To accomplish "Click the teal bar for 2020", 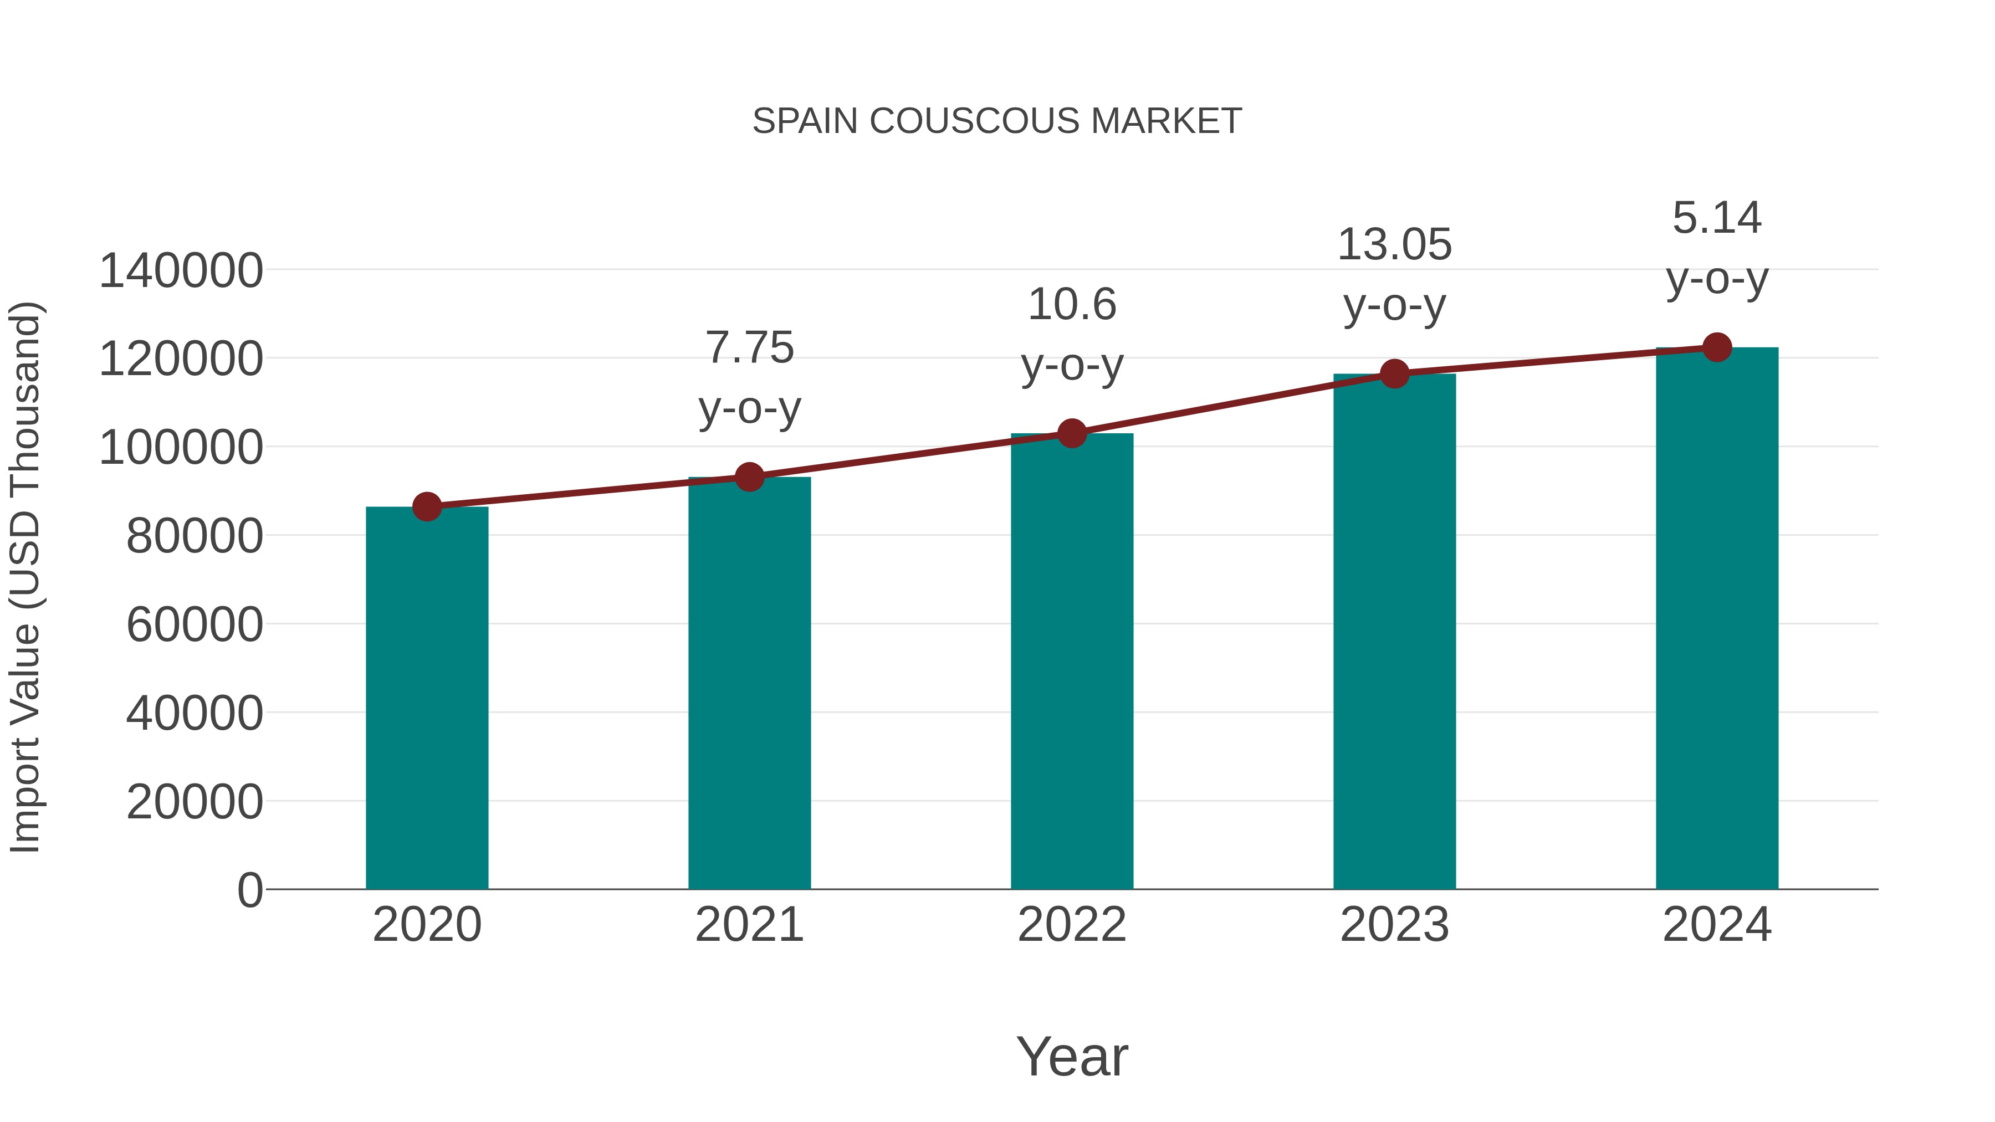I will pos(427,697).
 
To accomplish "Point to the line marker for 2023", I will pos(1395,374).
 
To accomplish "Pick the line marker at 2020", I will pos(427,507).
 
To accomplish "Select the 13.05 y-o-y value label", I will pos(1394,245).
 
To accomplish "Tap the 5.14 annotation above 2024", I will pos(1717,218).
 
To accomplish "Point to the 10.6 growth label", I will pos(1072,304).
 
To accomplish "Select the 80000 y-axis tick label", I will pos(195,536).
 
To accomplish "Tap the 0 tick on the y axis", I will pos(249,890).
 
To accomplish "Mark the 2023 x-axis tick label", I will pos(1394,925).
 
